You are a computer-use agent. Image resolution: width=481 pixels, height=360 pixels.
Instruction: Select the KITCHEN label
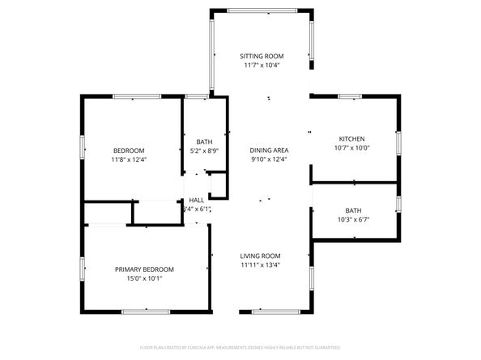pyautogui.click(x=351, y=139)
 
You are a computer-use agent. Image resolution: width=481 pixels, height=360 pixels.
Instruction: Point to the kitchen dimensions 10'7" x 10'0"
pyautogui.click(x=351, y=148)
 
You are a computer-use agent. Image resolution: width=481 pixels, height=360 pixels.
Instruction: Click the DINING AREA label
pyautogui.click(x=269, y=150)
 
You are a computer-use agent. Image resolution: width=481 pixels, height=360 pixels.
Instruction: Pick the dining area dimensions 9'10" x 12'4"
pyautogui.click(x=269, y=159)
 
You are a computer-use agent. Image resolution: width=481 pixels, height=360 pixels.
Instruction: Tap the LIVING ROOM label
pyautogui.click(x=260, y=256)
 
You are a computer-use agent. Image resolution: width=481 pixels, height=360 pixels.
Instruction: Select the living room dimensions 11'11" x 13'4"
pyautogui.click(x=260, y=265)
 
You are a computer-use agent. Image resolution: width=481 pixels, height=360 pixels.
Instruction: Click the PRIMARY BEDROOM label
pyautogui.click(x=144, y=269)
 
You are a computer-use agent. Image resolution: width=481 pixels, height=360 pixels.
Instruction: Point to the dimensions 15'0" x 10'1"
pyautogui.click(x=144, y=279)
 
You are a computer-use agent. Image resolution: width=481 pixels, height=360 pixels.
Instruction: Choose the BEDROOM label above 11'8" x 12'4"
pyautogui.click(x=129, y=150)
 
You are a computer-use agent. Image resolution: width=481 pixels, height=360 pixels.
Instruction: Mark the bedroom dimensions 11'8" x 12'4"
pyautogui.click(x=129, y=159)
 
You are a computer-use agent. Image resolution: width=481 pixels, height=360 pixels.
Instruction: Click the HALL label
pyautogui.click(x=197, y=200)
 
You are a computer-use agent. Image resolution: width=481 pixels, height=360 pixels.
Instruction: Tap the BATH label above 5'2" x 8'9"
pyautogui.click(x=204, y=142)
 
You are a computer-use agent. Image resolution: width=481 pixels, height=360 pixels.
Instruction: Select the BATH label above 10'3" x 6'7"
pyautogui.click(x=353, y=210)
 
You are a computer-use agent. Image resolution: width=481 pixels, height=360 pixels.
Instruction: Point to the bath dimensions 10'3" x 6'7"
pyautogui.click(x=353, y=219)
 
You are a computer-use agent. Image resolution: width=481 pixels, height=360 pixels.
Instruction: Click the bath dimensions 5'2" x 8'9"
pyautogui.click(x=204, y=150)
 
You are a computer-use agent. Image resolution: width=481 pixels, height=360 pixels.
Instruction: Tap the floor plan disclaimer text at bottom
pyautogui.click(x=240, y=347)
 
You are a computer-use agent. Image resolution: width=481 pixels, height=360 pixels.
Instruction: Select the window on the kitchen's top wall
pyautogui.click(x=350, y=96)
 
